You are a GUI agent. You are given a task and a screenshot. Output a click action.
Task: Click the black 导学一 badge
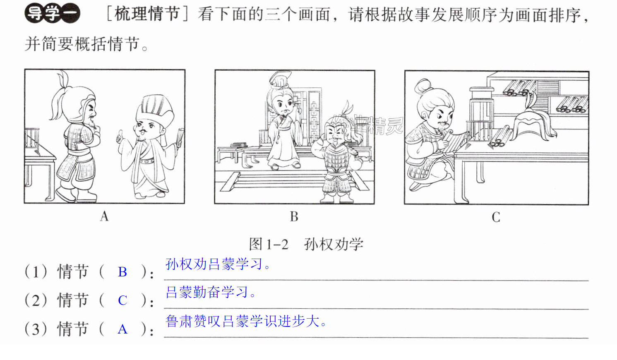pos(52,13)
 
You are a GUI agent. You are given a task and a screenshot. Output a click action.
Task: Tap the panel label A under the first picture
pos(104,216)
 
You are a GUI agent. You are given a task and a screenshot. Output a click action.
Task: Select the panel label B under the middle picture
pos(294,216)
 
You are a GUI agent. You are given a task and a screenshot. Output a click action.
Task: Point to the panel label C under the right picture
pos(496,217)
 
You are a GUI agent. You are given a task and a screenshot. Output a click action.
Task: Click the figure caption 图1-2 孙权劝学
pos(306,244)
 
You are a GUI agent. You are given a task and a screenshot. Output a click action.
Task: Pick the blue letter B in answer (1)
pos(122,272)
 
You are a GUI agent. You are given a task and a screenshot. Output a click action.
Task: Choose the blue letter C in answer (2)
pos(122,300)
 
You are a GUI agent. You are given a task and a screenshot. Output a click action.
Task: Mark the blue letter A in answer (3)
pos(122,329)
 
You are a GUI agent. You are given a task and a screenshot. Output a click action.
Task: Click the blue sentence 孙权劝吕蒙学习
pos(218,264)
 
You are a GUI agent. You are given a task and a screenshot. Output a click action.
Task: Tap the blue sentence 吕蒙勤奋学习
pos(211,292)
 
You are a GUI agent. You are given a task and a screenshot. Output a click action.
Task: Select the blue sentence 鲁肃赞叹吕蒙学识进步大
pos(246,321)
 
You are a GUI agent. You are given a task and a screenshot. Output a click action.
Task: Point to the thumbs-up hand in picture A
pos(120,136)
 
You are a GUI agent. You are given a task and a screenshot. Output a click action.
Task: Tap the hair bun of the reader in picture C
pos(424,86)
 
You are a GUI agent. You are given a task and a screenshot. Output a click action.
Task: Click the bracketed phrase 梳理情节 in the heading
pos(147,14)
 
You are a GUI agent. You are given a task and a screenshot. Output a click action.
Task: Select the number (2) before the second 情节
pos(36,300)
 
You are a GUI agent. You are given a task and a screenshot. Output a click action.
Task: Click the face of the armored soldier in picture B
pos(336,134)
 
